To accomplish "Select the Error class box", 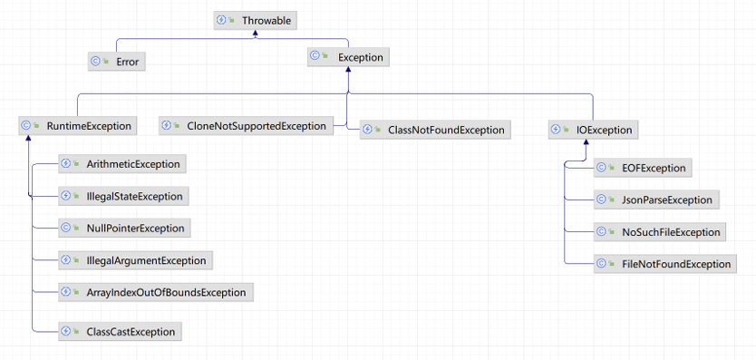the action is tap(117, 62).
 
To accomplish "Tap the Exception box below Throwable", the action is tap(349, 57).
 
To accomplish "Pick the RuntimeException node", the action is tap(78, 126).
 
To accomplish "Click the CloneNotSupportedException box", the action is tap(247, 126).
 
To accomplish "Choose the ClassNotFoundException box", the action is tap(435, 130).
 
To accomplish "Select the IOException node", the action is tap(594, 130).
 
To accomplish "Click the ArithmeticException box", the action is tap(122, 164).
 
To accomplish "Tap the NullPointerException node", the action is tap(124, 228).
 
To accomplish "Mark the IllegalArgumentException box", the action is tap(135, 260).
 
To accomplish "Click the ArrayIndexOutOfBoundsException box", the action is tap(156, 292).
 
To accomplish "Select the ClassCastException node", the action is tap(120, 332).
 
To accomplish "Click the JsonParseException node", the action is tap(656, 199).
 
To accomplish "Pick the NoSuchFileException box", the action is tap(661, 232).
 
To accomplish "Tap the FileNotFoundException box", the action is tap(665, 264).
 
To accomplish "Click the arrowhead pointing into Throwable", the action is tap(256, 33).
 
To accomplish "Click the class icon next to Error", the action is tap(95, 62).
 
